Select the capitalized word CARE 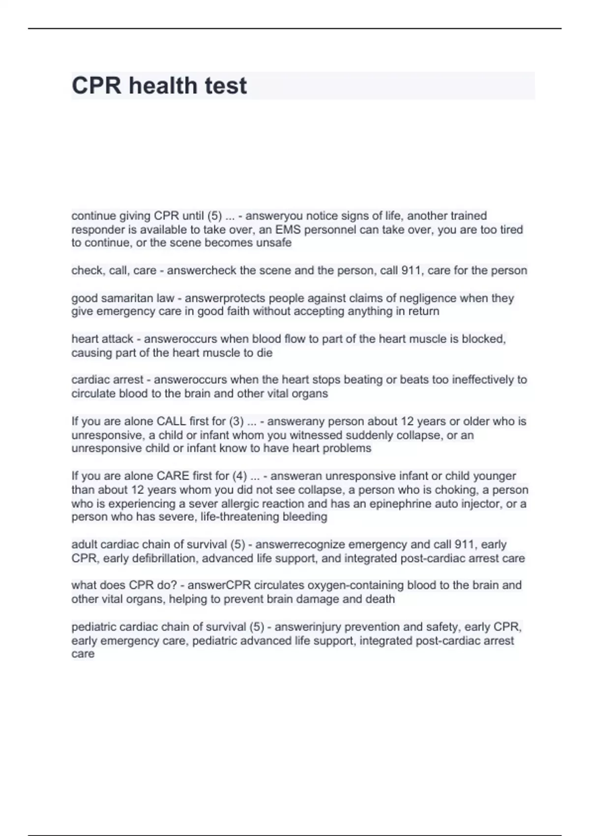[x=173, y=476]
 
